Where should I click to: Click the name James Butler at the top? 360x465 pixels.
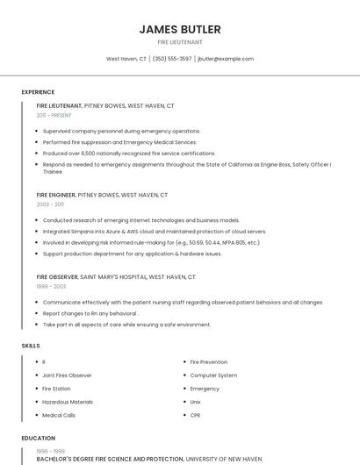coord(179,29)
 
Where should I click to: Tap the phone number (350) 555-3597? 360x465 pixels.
coord(172,59)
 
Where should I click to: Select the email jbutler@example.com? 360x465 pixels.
coord(226,59)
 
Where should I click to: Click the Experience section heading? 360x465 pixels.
coord(38,92)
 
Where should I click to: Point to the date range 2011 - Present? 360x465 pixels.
coord(54,115)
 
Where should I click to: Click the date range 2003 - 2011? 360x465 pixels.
coord(49,204)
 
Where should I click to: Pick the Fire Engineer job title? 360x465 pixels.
coord(55,195)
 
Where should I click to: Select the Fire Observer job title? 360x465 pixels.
coord(57,276)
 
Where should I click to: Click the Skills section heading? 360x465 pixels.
coord(31,346)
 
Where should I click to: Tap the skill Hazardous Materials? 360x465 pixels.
coord(67,402)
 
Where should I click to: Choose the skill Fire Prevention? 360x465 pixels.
coord(208,361)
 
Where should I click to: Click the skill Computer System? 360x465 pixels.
coord(213,375)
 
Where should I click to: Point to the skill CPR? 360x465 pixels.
coord(195,415)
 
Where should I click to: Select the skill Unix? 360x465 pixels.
coord(195,402)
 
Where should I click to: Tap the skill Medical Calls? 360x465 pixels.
coord(59,415)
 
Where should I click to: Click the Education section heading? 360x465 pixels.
coord(38,438)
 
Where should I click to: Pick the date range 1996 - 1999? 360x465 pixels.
coord(50,451)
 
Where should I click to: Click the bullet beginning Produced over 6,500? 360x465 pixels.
coord(129,153)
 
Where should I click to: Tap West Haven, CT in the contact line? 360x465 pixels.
coord(126,59)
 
